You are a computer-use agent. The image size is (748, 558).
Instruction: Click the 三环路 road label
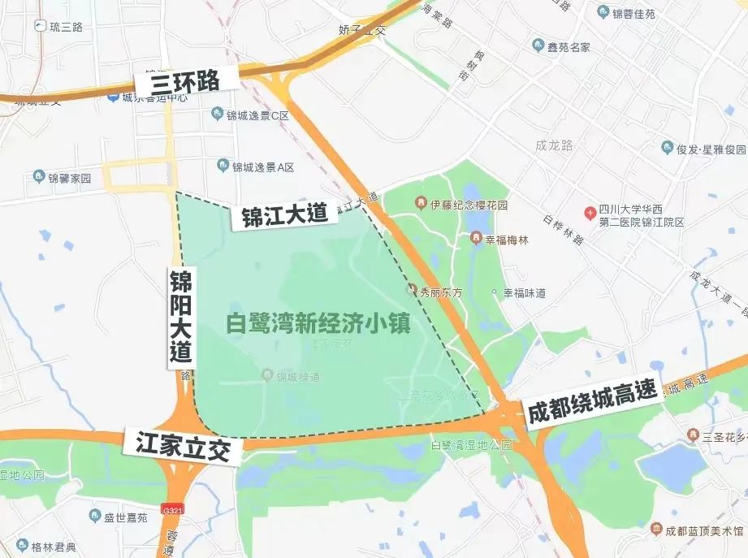click(x=186, y=81)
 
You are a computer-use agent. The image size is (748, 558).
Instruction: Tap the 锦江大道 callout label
click(x=284, y=214)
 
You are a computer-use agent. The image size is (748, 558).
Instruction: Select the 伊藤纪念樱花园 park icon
click(x=421, y=202)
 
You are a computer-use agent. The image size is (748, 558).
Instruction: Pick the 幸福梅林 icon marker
click(x=477, y=238)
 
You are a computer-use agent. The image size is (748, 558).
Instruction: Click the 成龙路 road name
click(x=555, y=146)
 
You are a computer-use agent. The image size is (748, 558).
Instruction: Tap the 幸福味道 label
click(x=524, y=292)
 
